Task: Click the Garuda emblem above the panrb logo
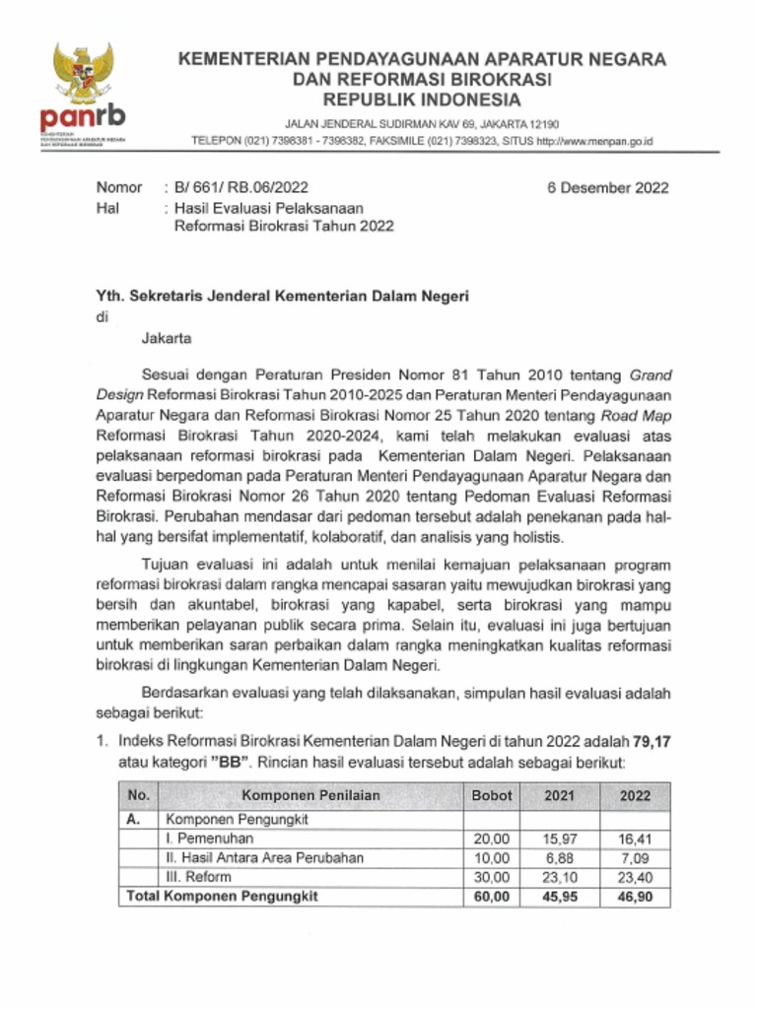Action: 83,74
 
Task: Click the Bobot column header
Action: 492,794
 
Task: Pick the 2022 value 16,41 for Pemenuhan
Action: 642,839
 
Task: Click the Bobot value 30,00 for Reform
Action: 492,877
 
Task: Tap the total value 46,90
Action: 642,897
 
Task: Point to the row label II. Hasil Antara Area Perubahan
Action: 264,857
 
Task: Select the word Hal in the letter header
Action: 107,207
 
